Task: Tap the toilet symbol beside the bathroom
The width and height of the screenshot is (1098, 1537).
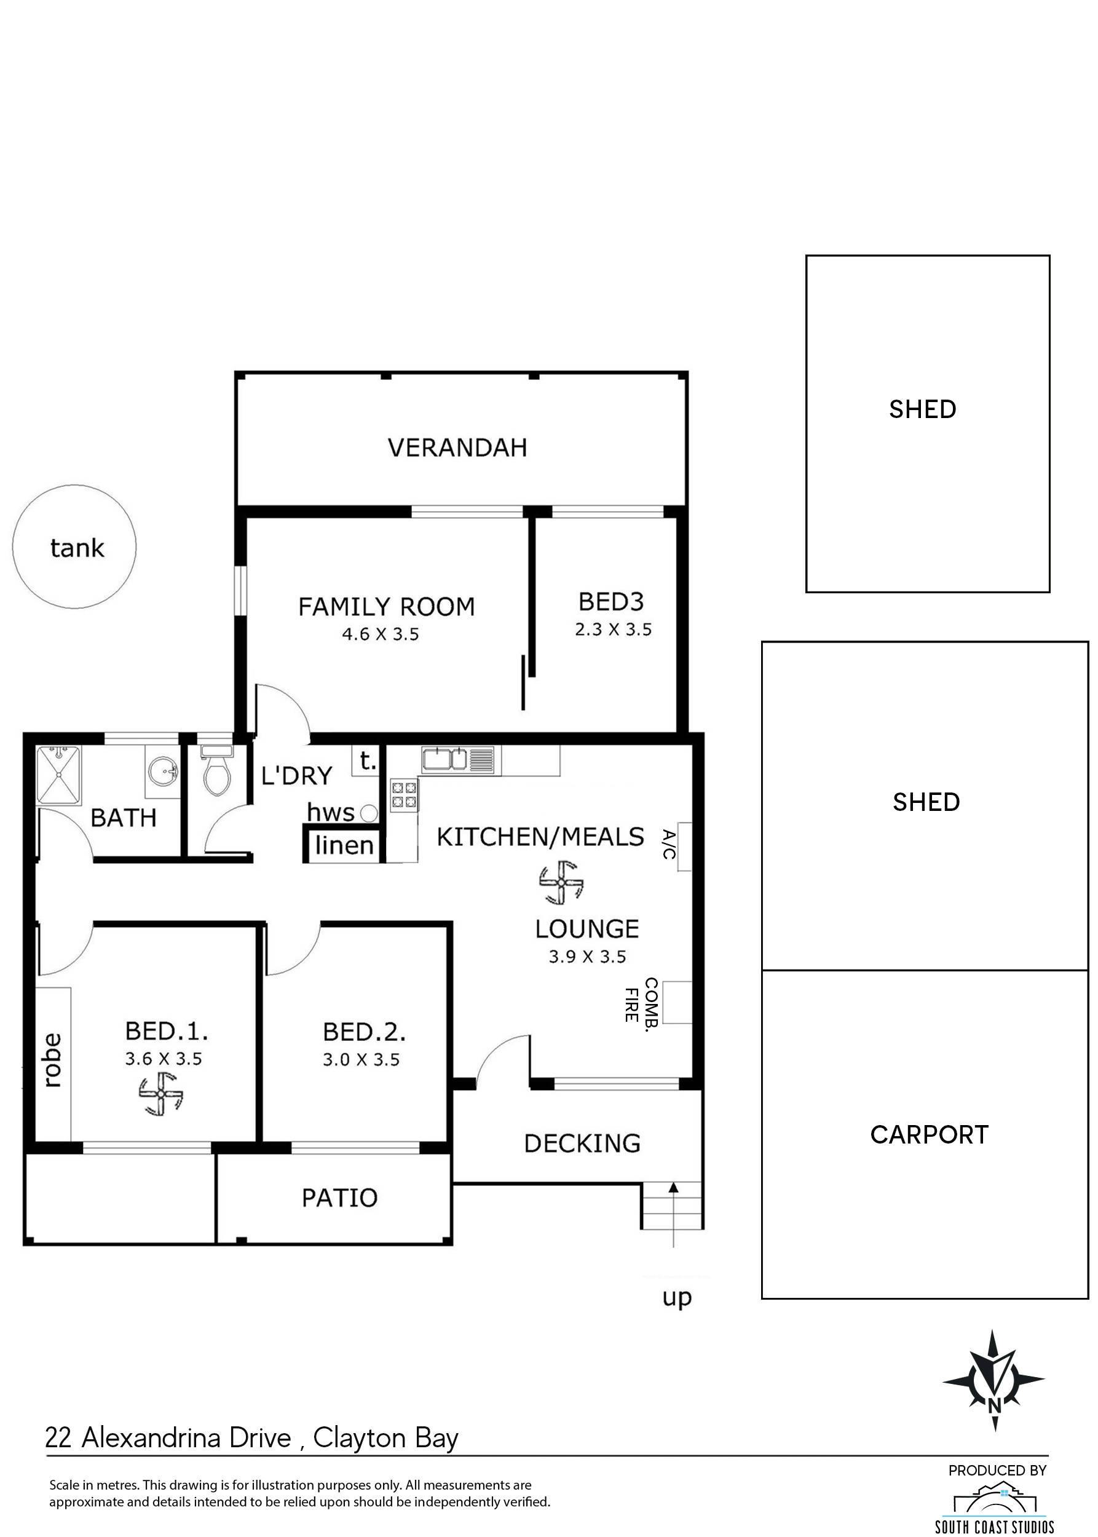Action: (x=217, y=770)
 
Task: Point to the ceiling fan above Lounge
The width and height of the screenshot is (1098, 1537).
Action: (x=561, y=882)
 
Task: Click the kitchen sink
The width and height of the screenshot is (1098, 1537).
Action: (x=444, y=759)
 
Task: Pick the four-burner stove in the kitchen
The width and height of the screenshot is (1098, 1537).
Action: (x=404, y=795)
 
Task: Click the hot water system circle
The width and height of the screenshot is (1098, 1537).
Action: (x=368, y=813)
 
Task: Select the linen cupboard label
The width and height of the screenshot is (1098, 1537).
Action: (x=344, y=845)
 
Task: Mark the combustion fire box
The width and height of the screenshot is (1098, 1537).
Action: (x=677, y=1002)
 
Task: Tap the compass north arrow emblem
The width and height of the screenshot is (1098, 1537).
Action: (x=994, y=1380)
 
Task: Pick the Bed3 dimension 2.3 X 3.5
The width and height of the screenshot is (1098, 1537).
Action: (x=613, y=630)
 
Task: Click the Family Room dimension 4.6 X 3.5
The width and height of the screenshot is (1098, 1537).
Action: (x=381, y=634)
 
